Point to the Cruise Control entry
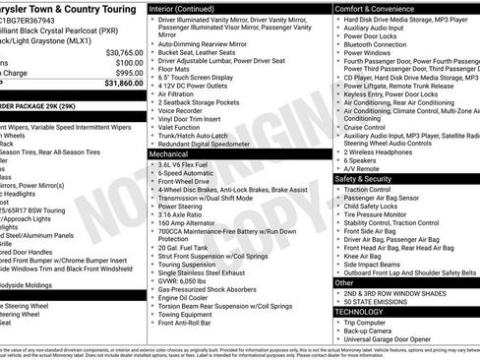pyautogui.click(x=365, y=127)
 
